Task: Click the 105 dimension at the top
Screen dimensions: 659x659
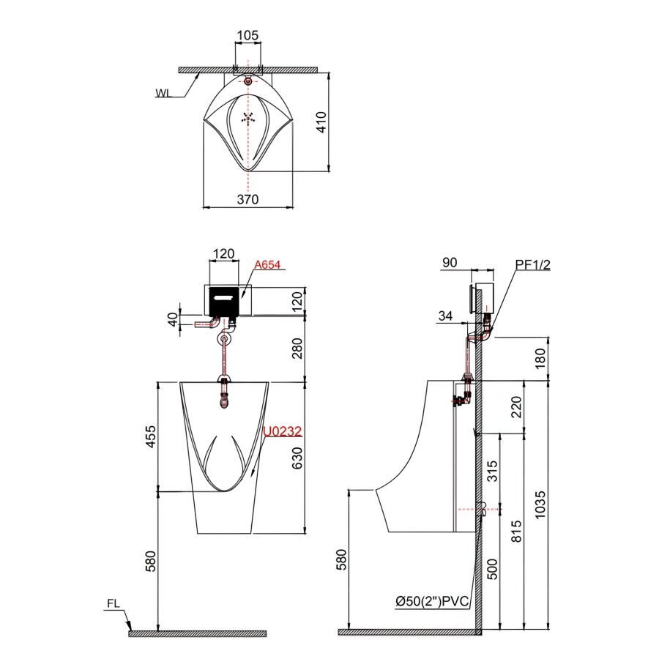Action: [247, 35]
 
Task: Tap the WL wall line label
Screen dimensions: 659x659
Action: [163, 93]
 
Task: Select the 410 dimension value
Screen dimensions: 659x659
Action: [321, 122]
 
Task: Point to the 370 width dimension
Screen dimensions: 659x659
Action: [247, 199]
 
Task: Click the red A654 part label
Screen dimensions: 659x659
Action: [267, 265]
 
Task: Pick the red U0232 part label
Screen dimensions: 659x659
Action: [283, 431]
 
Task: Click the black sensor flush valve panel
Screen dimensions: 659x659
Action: [224, 301]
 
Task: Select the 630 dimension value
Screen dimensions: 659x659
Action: [297, 458]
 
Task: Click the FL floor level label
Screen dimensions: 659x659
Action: [113, 603]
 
